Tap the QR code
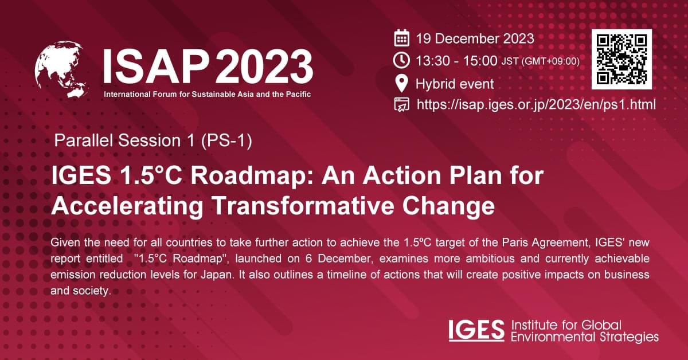coord(621,59)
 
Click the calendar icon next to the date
coord(402,39)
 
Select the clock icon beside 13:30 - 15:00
coord(402,60)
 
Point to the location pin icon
coord(402,84)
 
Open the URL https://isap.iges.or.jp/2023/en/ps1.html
coord(536,104)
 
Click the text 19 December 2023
coord(475,39)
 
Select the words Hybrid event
coord(455,84)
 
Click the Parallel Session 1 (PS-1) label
coord(153,140)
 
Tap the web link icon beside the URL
coord(402,105)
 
